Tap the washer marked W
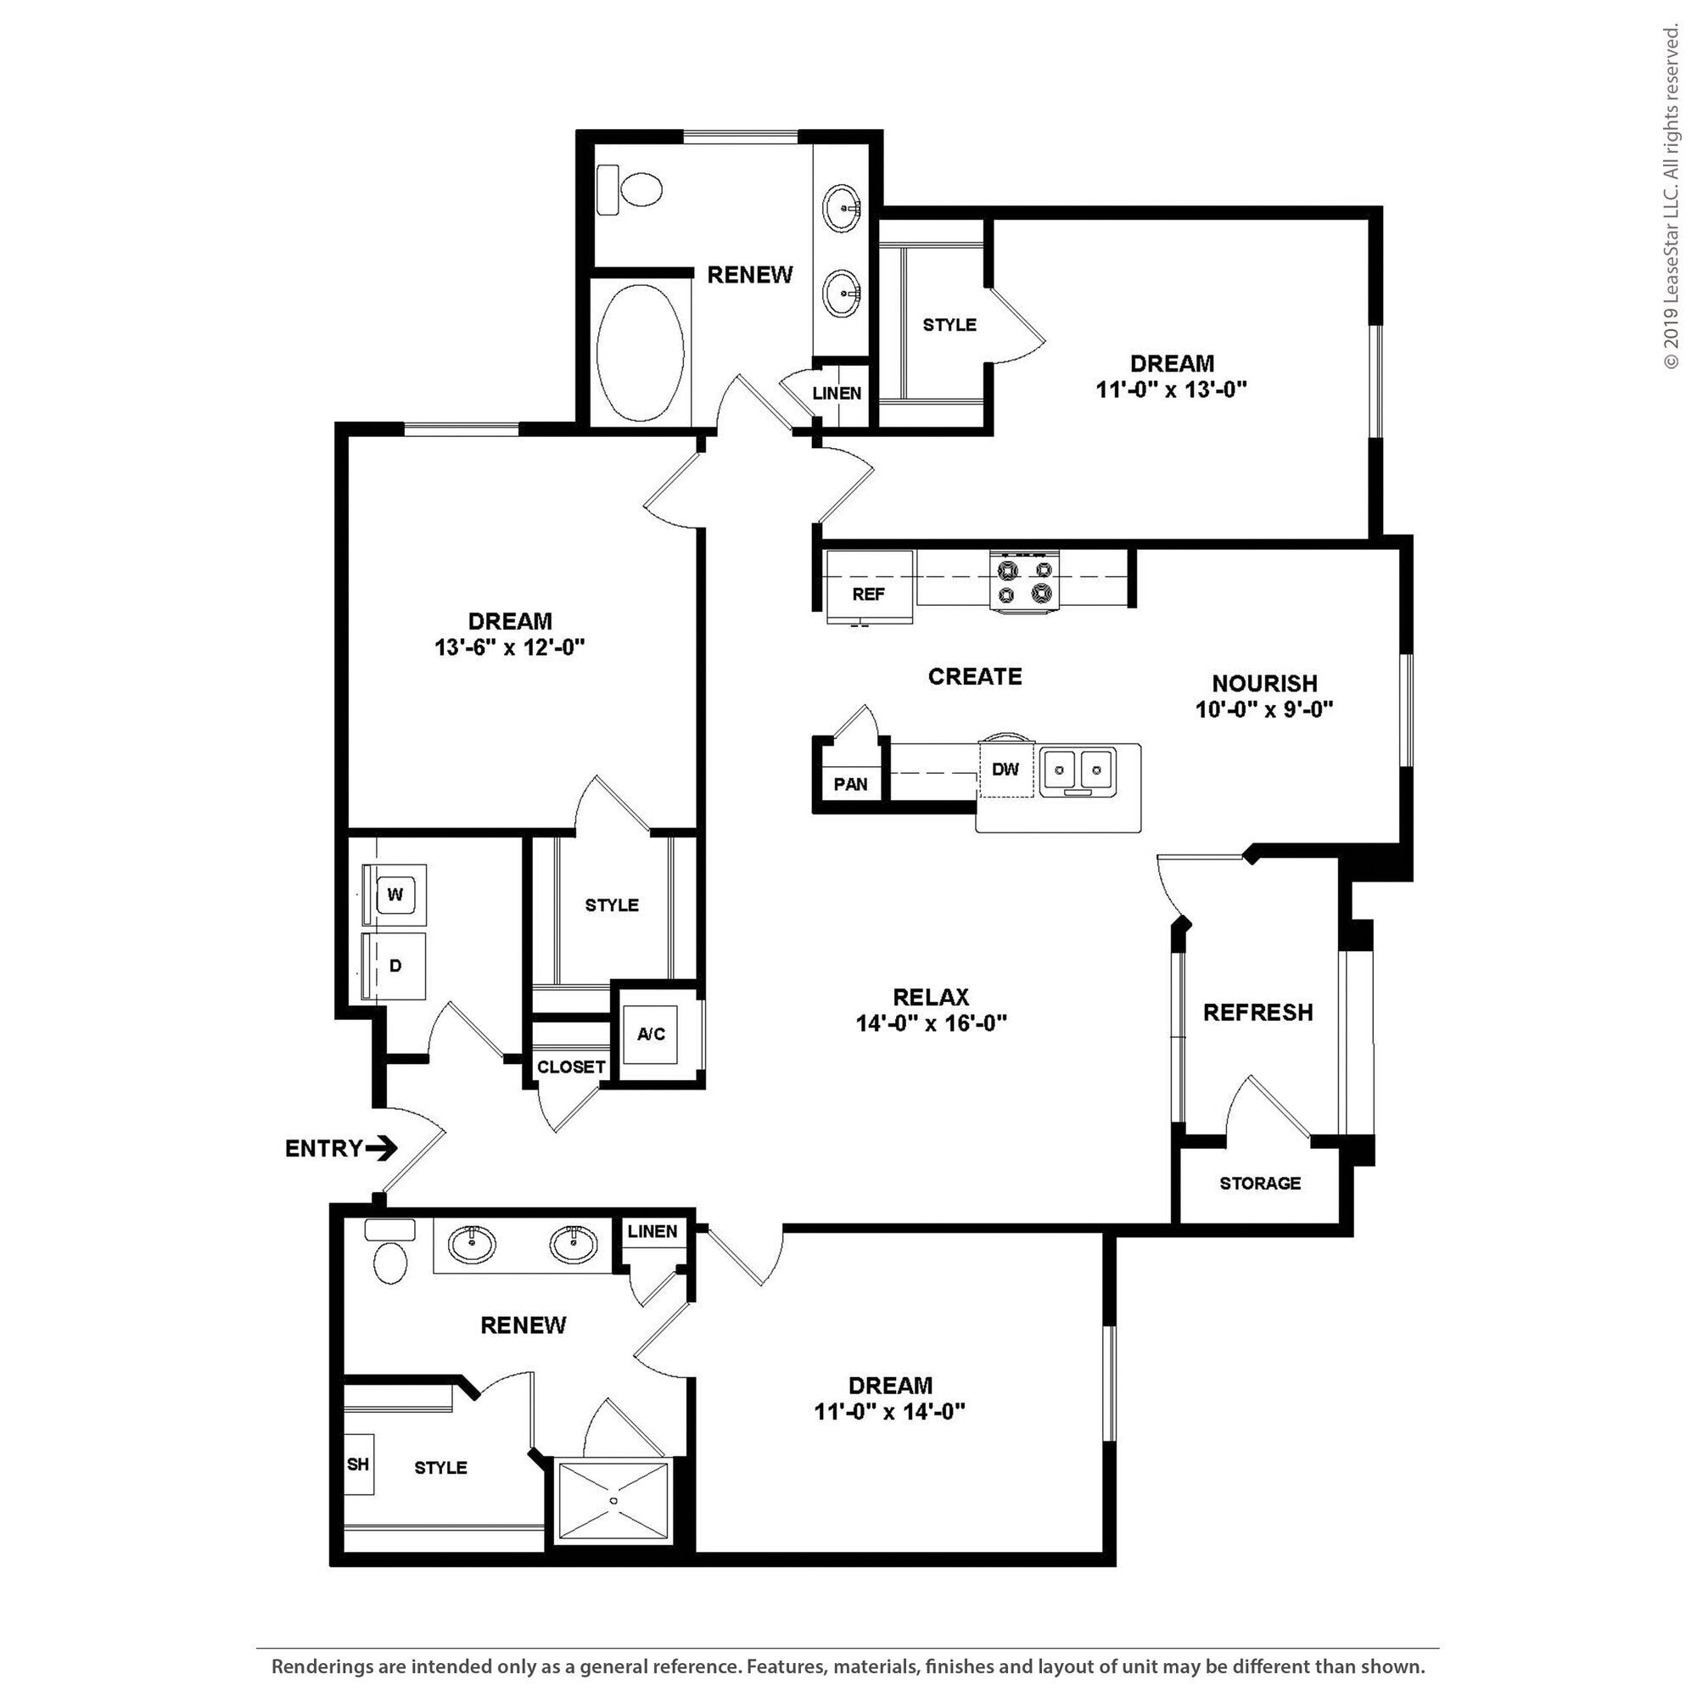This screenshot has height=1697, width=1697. pyautogui.click(x=395, y=895)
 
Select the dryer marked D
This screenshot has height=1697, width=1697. pyautogui.click(x=395, y=966)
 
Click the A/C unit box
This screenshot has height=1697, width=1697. pyautogui.click(x=651, y=1034)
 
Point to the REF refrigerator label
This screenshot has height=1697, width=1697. pyautogui.click(x=868, y=595)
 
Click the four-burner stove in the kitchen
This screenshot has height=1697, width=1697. pyautogui.click(x=1025, y=580)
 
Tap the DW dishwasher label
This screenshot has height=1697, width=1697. pyautogui.click(x=1005, y=770)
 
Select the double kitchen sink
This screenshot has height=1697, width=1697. pyautogui.click(x=1078, y=771)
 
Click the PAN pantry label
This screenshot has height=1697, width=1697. pyautogui.click(x=850, y=784)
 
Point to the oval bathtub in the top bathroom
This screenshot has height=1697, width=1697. pyautogui.click(x=641, y=349)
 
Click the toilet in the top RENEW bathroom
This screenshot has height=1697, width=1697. pyautogui.click(x=630, y=189)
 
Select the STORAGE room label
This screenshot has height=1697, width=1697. pyautogui.click(x=1259, y=1183)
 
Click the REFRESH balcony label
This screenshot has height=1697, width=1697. pyautogui.click(x=1257, y=1013)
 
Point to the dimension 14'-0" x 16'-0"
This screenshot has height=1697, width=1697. pyautogui.click(x=931, y=1022)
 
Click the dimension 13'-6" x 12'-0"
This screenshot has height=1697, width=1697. pyautogui.click(x=509, y=647)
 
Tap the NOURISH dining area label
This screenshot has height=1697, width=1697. pyautogui.click(x=1264, y=682)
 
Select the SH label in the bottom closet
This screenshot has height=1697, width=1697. pyautogui.click(x=357, y=1465)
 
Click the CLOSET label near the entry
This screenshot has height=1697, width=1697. pyautogui.click(x=571, y=1067)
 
